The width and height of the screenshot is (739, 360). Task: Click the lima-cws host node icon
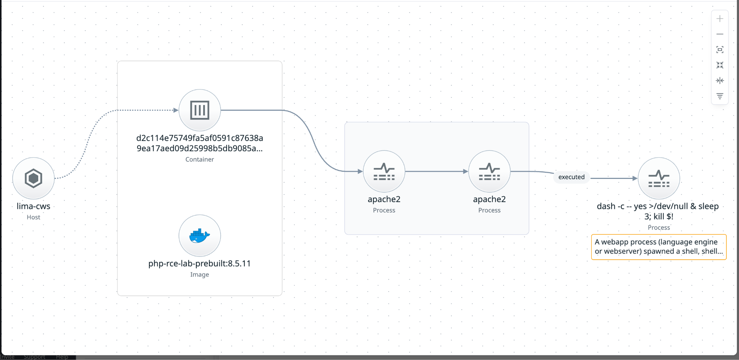click(x=34, y=178)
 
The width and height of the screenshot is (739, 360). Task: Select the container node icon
click(x=200, y=110)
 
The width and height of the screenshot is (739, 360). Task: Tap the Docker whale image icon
click(x=200, y=236)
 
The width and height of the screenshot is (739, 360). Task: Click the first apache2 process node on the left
click(x=384, y=171)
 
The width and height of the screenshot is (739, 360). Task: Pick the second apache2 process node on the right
click(x=489, y=171)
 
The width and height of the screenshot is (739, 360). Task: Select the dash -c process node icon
click(x=659, y=178)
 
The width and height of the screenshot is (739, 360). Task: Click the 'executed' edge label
click(x=572, y=177)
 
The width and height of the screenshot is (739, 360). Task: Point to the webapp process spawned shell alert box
click(x=659, y=247)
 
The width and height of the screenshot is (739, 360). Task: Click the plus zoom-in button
click(x=720, y=19)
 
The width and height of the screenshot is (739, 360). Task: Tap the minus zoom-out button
click(x=720, y=34)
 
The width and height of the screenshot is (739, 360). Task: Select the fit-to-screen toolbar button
click(x=720, y=49)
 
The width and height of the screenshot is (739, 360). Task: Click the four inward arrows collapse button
click(x=720, y=65)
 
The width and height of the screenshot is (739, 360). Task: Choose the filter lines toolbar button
click(x=720, y=96)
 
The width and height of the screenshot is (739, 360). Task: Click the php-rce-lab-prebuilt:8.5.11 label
click(x=200, y=264)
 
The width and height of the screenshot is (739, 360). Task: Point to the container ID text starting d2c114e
click(x=200, y=143)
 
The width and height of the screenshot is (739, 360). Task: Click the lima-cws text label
click(x=34, y=206)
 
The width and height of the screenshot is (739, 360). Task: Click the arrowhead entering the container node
click(x=176, y=110)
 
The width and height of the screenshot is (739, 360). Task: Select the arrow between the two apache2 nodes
click(x=437, y=171)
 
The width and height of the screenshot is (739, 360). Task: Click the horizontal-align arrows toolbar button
click(x=720, y=80)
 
